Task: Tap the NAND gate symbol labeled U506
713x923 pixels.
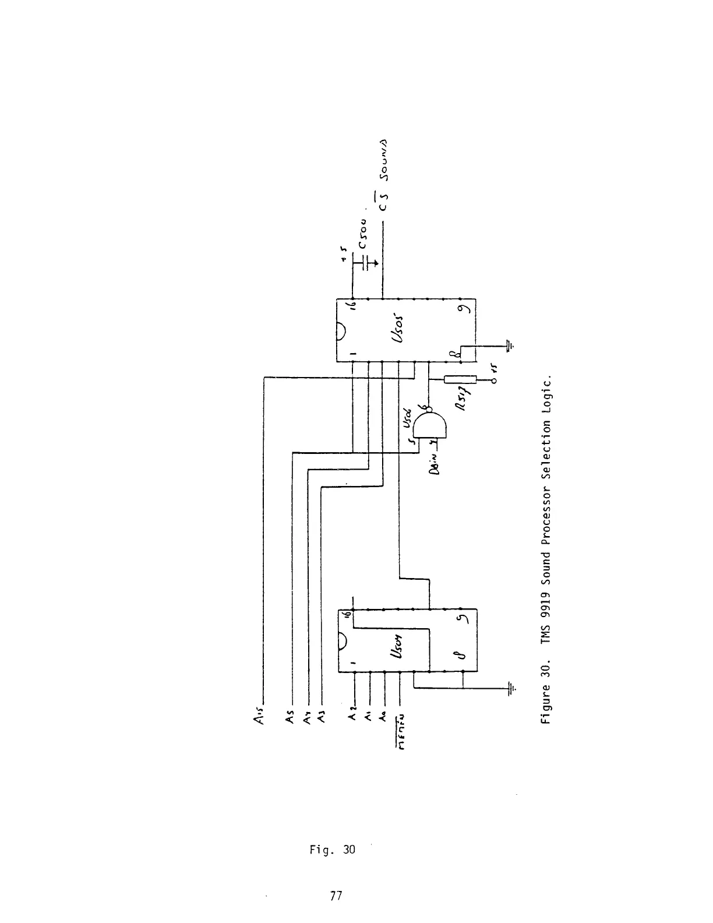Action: click(430, 429)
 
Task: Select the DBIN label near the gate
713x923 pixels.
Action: click(436, 464)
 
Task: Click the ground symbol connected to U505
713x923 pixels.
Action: click(511, 346)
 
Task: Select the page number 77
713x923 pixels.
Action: click(335, 896)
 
